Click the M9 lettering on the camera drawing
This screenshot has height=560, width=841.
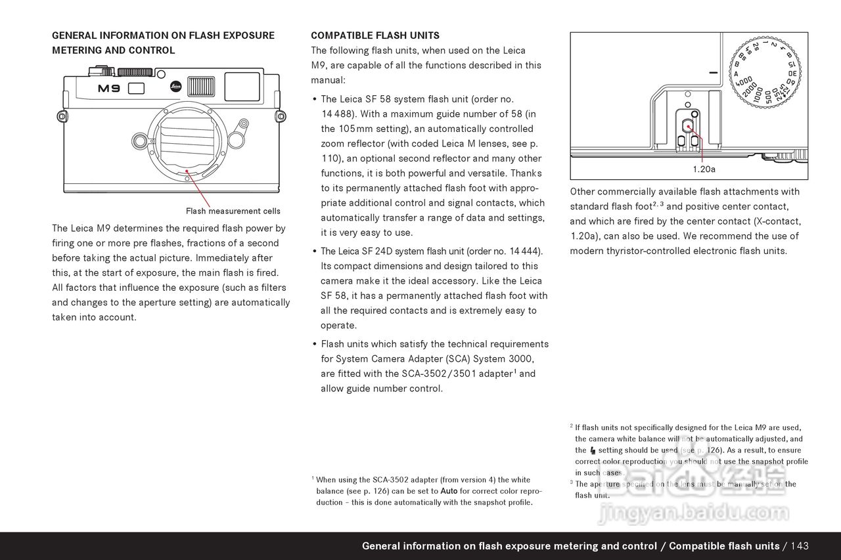pos(109,89)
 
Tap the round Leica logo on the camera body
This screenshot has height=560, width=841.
pos(175,86)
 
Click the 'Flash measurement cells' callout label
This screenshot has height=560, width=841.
pos(233,211)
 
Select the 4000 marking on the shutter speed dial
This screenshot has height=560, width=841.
pos(744,82)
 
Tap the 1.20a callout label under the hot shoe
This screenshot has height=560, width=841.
pos(704,169)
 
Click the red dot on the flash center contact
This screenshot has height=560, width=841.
pos(688,126)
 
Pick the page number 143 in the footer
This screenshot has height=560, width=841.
pos(800,546)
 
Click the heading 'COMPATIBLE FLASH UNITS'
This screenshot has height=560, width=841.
pos(375,35)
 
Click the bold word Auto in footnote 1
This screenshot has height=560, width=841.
pos(449,491)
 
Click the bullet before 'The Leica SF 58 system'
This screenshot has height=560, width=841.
pos(315,100)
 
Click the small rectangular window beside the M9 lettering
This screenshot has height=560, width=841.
pos(136,89)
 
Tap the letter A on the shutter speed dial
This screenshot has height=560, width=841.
pos(736,74)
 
